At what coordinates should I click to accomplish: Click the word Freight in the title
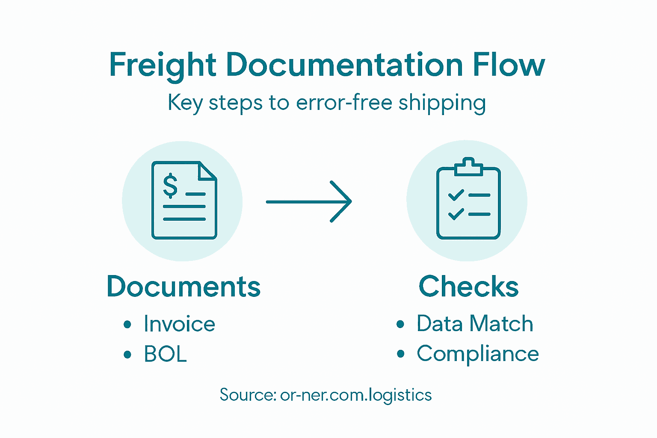point(163,65)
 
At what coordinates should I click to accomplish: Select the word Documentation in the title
point(344,65)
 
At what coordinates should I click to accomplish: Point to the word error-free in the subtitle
point(344,103)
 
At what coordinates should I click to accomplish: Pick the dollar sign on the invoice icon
point(170,186)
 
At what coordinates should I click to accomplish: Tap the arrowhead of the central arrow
point(342,201)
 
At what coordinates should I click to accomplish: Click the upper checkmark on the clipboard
point(456,195)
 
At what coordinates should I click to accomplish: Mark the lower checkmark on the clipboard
point(456,214)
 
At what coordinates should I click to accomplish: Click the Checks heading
point(468,287)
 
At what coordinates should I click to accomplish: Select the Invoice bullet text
point(179,324)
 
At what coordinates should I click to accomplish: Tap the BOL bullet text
point(165,354)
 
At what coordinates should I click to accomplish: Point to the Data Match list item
point(475,323)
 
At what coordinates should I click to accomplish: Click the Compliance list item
point(478,354)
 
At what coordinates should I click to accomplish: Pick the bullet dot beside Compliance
point(400,354)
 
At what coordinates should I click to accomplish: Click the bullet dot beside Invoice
point(127,324)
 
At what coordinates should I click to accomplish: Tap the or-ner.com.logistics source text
point(356,395)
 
